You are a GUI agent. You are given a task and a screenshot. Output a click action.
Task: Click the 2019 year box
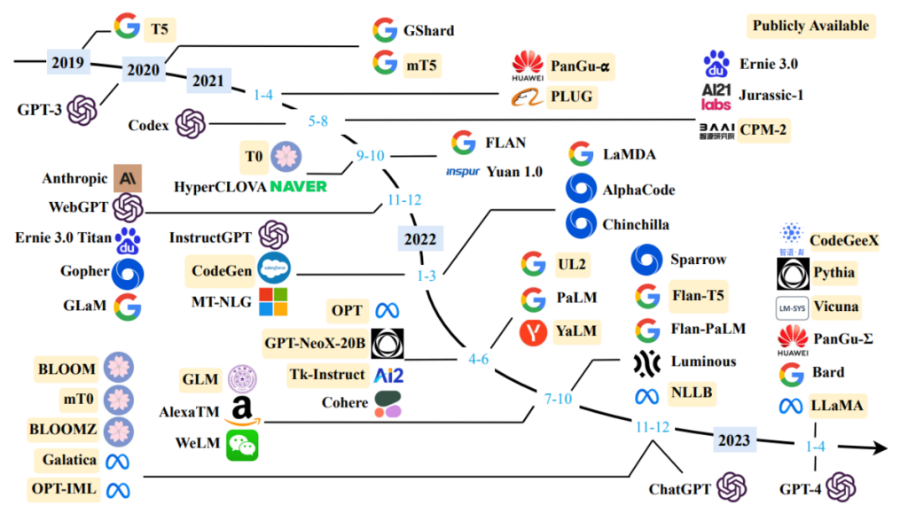coord(68,62)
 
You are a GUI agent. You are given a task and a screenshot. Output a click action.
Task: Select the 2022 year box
coord(420,239)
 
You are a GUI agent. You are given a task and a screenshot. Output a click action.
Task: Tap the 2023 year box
coord(733,440)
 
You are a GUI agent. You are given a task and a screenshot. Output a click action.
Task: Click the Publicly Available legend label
coord(810,26)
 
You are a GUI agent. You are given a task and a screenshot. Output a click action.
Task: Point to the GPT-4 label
coord(801,489)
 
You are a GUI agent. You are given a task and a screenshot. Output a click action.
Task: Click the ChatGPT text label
coord(680,489)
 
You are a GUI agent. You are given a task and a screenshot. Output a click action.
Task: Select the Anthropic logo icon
coord(128,178)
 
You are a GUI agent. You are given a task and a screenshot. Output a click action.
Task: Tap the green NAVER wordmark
coord(298,187)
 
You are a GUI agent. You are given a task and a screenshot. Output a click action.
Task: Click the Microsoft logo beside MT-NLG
coord(273,302)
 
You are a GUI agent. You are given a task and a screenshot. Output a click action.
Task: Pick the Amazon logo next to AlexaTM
coord(243,411)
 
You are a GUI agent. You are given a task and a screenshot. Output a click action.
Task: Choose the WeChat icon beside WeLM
coord(242,445)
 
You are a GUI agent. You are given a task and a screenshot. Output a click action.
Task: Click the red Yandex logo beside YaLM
coord(533,332)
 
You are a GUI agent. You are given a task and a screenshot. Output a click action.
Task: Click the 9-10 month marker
coord(370,156)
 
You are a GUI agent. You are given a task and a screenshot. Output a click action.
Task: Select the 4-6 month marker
coord(478,359)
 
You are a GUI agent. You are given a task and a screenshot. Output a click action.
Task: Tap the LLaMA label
coord(837,406)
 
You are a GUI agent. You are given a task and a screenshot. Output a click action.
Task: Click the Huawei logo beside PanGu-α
coord(528,66)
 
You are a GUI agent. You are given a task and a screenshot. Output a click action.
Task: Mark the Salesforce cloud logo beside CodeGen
coord(274,268)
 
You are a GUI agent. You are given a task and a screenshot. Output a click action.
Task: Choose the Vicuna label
coord(835,307)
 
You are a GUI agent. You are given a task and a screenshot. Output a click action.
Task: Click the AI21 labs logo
coord(716,97)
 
